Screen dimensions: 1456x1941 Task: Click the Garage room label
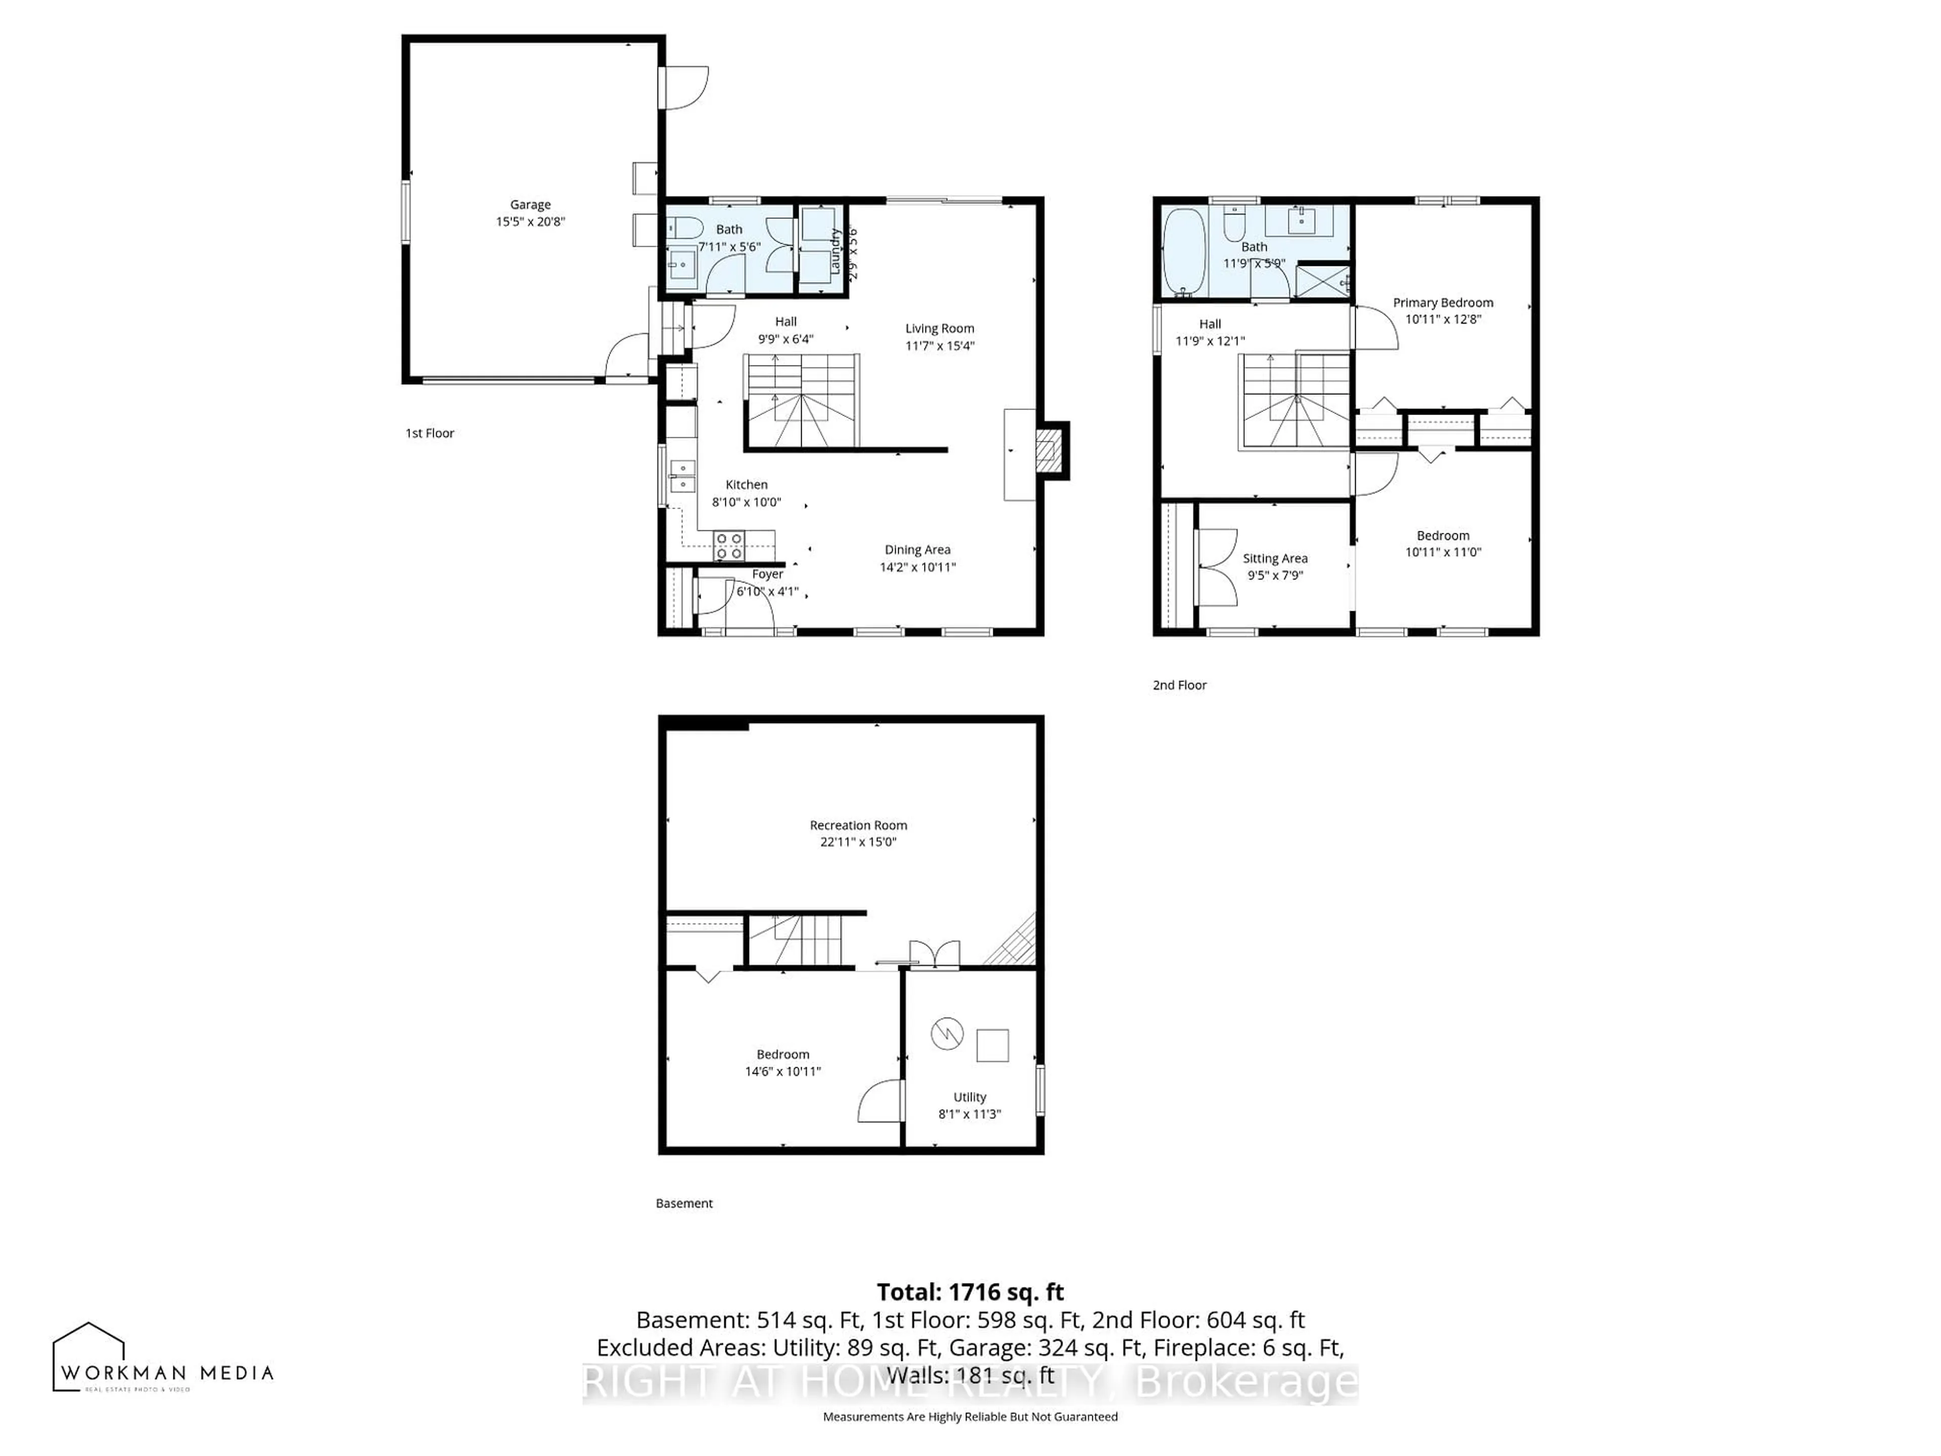(530, 204)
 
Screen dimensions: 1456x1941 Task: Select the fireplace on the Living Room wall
(1049, 450)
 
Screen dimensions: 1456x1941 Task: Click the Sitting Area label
(1274, 558)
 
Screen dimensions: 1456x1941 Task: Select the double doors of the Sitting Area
(1216, 567)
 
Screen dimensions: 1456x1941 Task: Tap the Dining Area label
(917, 550)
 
